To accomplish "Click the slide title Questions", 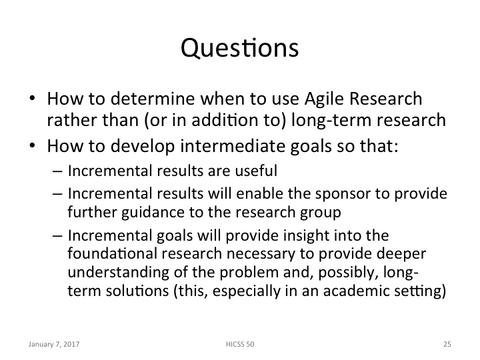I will pyautogui.click(x=239, y=49).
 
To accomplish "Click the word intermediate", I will pyautogui.click(x=221, y=146).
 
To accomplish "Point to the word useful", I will pyautogui.click(x=259, y=171).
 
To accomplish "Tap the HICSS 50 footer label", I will pyautogui.click(x=240, y=345).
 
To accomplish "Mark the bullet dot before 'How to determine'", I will pyautogui.click(x=33, y=101).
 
